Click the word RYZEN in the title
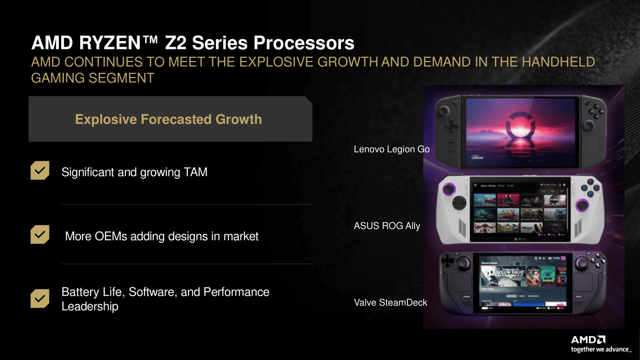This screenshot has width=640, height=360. pos(110,43)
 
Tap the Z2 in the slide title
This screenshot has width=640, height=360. pos(175,43)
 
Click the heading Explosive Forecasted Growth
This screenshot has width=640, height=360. pos(168,119)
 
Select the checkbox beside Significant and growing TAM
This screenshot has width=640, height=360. pos(40,170)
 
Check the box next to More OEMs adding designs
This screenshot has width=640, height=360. pos(40,234)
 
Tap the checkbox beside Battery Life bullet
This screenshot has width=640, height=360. pos(40,298)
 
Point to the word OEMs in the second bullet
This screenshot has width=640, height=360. pos(111,236)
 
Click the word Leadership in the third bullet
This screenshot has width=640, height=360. pos(90,306)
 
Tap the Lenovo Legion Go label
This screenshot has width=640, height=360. pos(391,149)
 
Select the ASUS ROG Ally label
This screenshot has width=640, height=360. pos(387,226)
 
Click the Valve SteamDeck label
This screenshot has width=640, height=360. pos(390,303)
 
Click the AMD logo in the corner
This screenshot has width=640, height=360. pos(588,340)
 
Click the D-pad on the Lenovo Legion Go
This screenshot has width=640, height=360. pos(451,126)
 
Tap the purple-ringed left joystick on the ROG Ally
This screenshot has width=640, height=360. pos(449,189)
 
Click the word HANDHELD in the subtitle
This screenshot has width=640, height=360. pos(558,62)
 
